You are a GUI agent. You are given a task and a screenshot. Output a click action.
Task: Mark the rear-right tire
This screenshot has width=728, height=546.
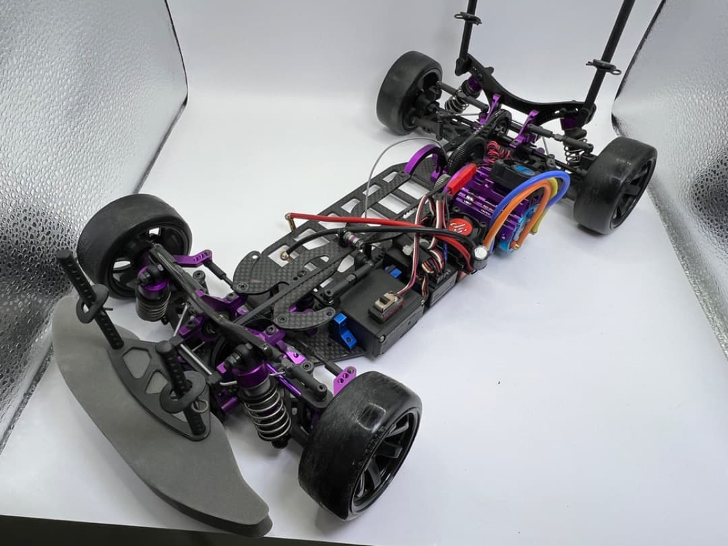pos(613,185)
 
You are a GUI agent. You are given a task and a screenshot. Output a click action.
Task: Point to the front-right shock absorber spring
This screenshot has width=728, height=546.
pos(266,411)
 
